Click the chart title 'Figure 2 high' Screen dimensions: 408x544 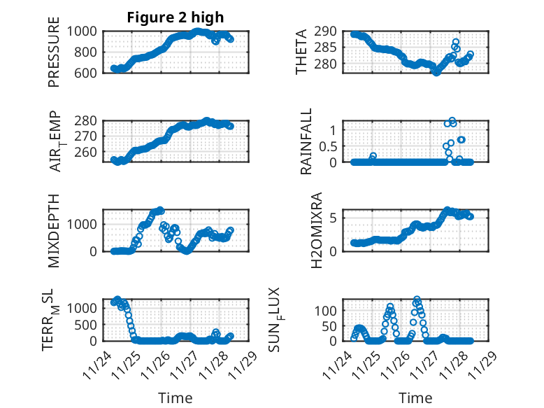point(175,17)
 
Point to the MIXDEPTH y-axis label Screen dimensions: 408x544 point(54,230)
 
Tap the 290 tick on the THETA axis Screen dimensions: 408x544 point(329,31)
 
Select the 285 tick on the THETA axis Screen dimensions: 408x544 point(329,48)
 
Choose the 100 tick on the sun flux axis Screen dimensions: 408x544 point(329,310)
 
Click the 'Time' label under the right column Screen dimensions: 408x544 point(415,398)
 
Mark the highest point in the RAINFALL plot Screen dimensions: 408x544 point(452,120)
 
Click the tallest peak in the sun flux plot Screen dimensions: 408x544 point(417,300)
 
